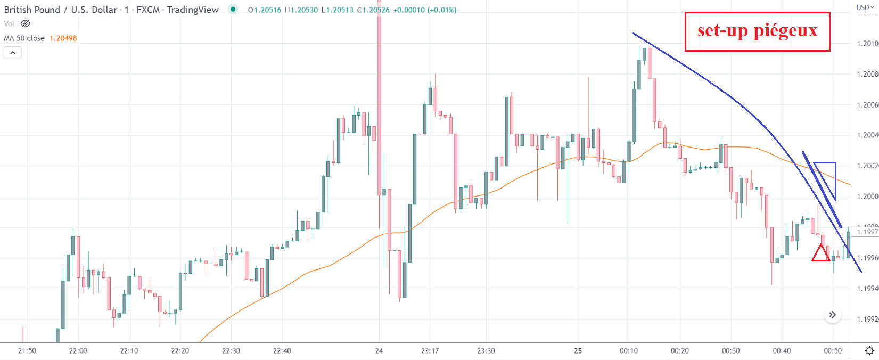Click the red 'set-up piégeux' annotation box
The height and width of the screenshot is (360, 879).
(757, 31)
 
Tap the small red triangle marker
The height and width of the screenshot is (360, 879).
(820, 254)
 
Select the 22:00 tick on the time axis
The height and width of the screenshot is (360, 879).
(78, 351)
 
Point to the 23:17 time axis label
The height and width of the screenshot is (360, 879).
(430, 351)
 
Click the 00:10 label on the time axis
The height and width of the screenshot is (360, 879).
(629, 351)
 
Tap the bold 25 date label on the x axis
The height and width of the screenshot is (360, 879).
(578, 351)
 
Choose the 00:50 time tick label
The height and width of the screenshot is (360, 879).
(833, 351)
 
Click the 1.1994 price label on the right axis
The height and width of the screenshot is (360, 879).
(867, 289)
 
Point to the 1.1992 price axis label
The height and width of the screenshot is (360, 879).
(867, 320)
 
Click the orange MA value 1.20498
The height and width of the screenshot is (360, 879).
(63, 38)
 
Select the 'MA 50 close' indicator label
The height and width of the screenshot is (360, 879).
(24, 38)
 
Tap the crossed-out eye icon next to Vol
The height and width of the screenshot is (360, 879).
(25, 24)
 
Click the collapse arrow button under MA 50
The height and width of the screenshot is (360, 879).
(13, 53)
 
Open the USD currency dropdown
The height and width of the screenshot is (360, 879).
(865, 7)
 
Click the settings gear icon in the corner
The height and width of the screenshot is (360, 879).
(869, 351)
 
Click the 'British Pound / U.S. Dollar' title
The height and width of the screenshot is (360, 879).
(60, 10)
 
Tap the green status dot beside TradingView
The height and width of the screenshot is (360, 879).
(233, 9)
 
